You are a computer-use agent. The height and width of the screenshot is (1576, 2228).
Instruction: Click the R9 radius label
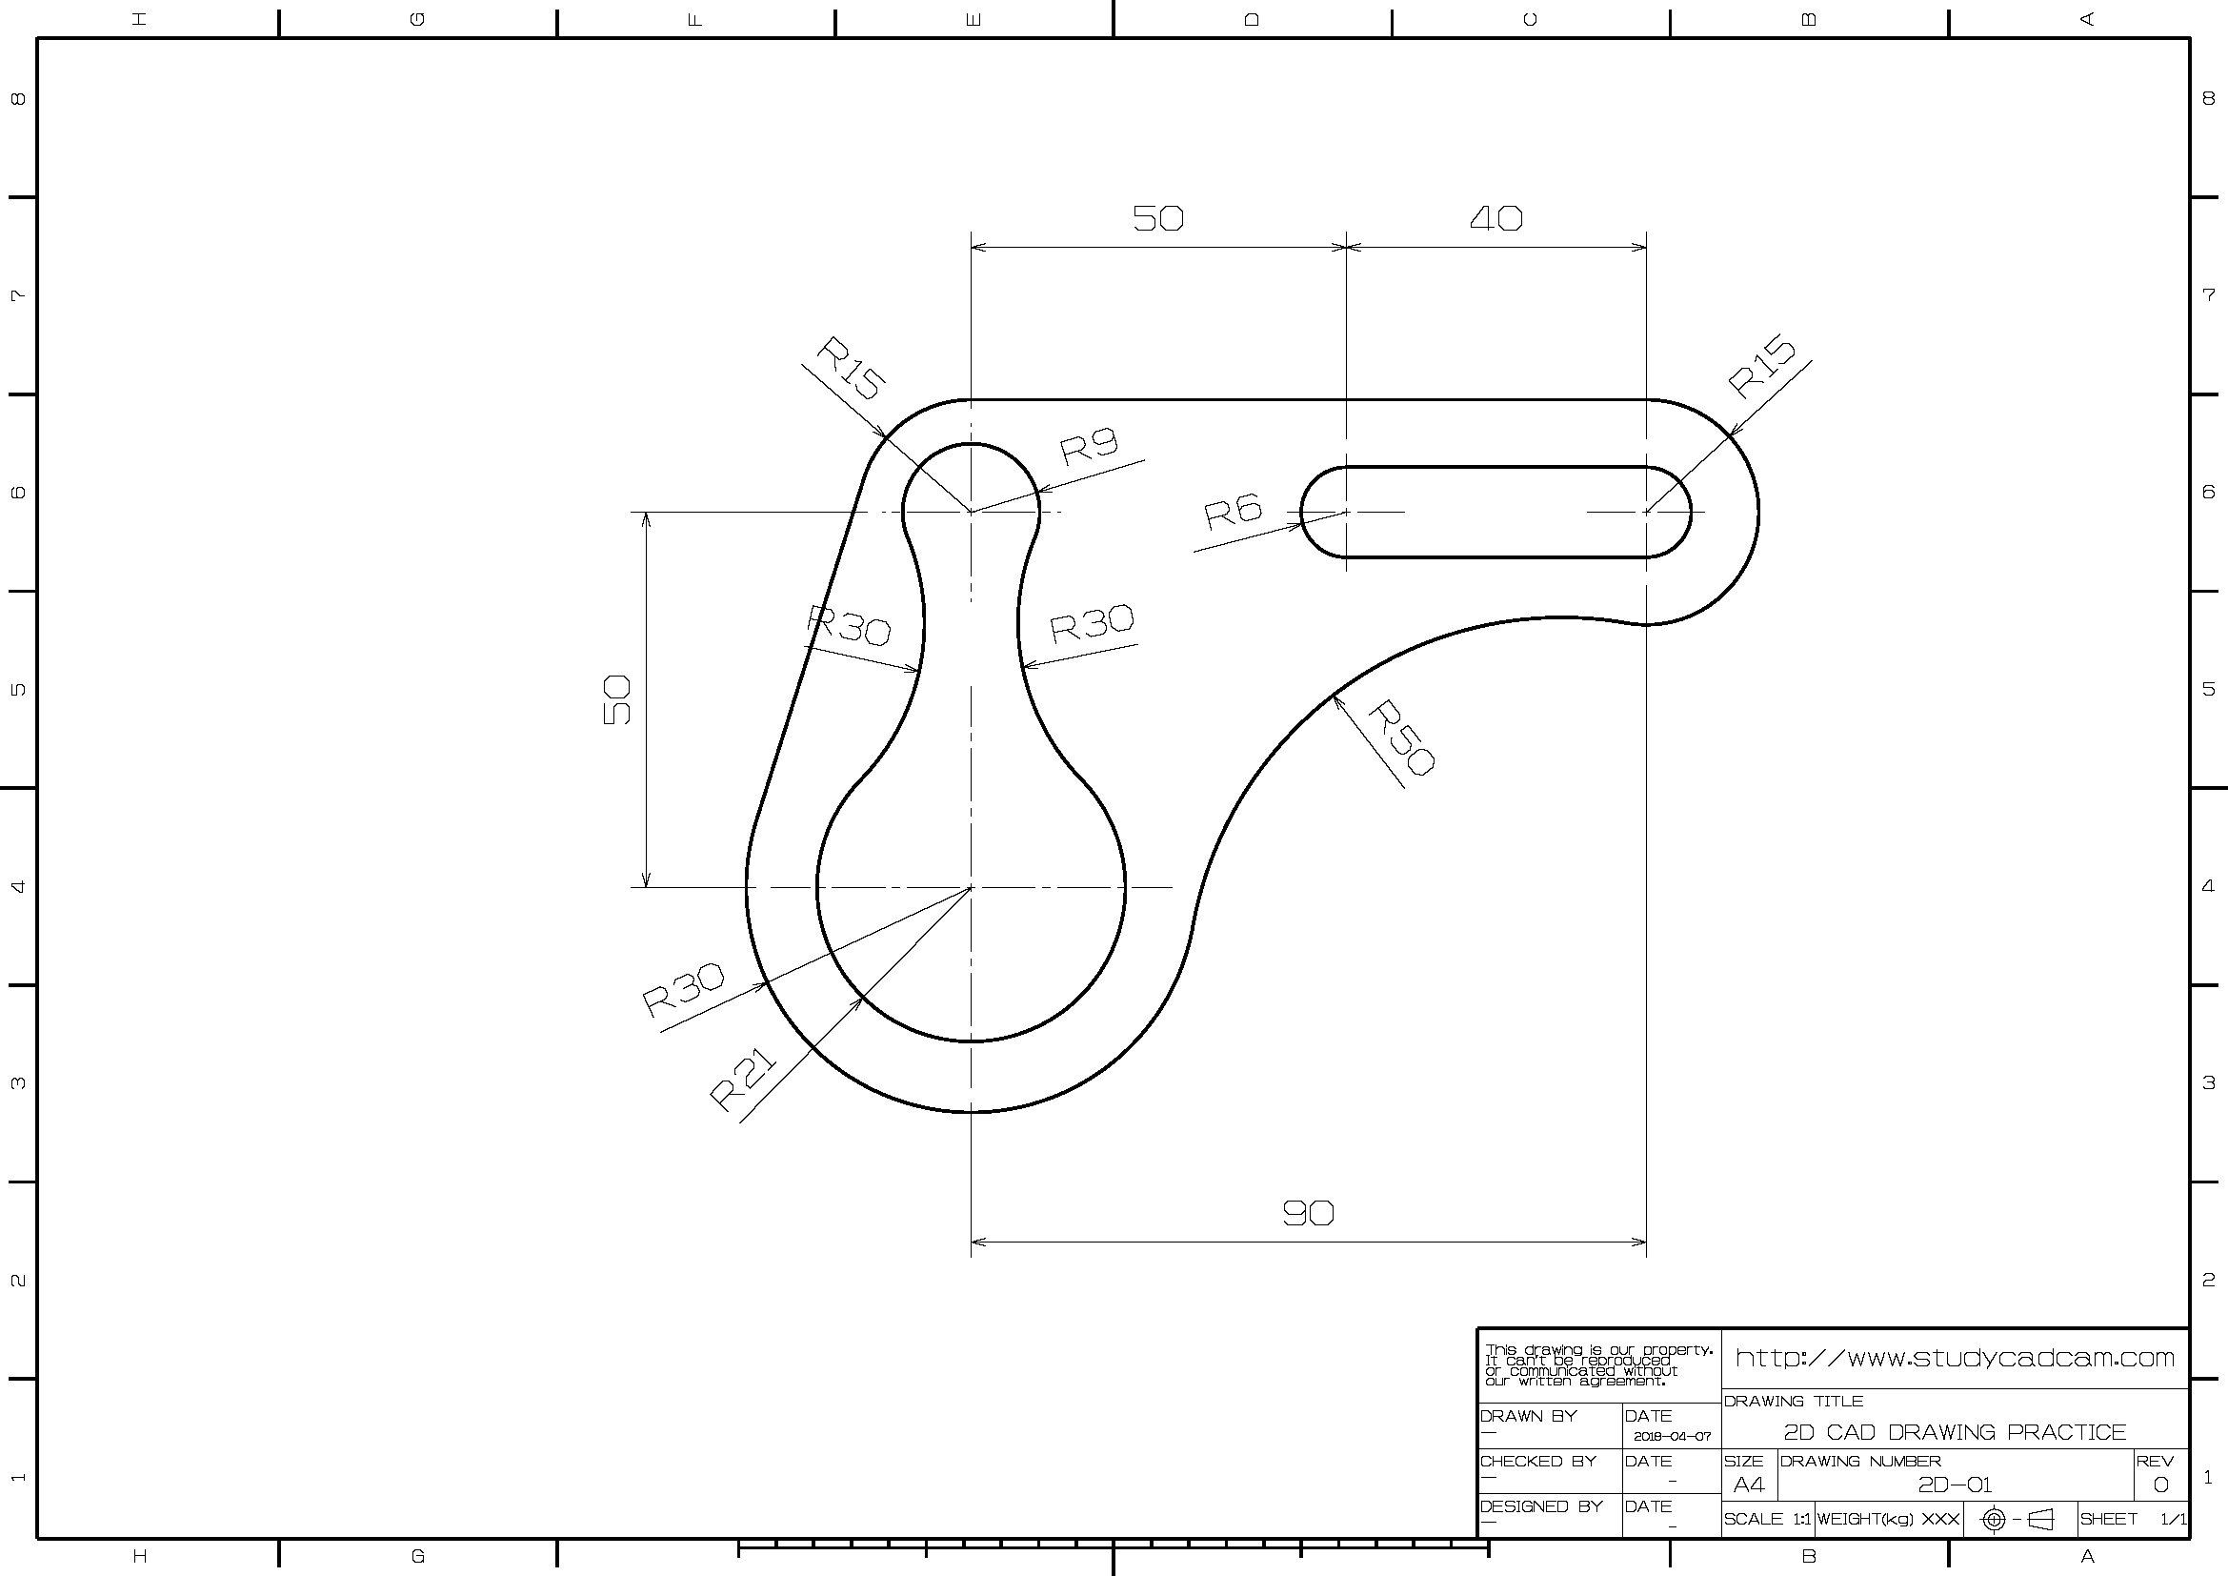coord(1089,445)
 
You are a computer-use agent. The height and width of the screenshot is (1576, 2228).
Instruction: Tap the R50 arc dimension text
coord(1400,737)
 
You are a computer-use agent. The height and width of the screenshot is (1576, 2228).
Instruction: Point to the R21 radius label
coord(743,1081)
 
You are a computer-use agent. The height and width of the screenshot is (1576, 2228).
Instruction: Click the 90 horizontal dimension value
coord(1308,1212)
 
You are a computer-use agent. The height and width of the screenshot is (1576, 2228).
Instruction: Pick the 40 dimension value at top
coord(1495,218)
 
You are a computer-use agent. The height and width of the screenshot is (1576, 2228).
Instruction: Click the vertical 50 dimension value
coord(617,699)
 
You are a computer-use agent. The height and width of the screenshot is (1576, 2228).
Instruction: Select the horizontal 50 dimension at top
coord(1157,218)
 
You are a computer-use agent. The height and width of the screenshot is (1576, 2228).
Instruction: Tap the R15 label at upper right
coord(1762,366)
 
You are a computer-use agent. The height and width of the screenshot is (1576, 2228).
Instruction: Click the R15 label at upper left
coord(850,368)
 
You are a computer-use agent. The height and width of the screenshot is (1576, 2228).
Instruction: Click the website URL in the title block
coord(1955,1358)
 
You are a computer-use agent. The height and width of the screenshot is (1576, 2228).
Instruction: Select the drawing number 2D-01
coord(1955,1485)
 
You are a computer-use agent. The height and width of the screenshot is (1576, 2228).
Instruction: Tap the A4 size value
coord(1749,1485)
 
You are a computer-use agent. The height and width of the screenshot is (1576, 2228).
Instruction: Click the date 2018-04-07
coord(1672,1436)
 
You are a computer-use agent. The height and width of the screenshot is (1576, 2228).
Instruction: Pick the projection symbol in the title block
coord(2018,1519)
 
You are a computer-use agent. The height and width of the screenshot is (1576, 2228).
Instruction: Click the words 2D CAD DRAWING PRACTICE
coord(1955,1432)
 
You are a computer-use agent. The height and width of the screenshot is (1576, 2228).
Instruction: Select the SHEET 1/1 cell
coord(2133,1519)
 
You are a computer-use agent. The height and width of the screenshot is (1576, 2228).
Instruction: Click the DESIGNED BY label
coord(1541,1506)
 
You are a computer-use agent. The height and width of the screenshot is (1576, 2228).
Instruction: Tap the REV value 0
coord(2160,1485)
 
